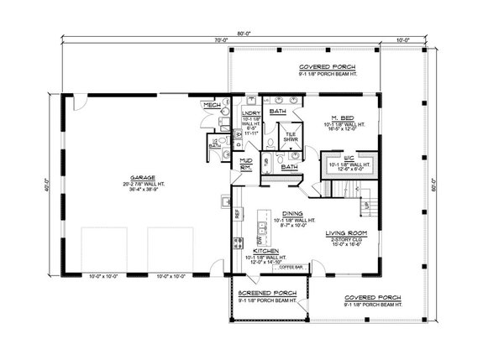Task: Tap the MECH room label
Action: point(212,105)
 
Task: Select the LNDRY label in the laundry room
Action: point(250,112)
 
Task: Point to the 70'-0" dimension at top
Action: point(221,40)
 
